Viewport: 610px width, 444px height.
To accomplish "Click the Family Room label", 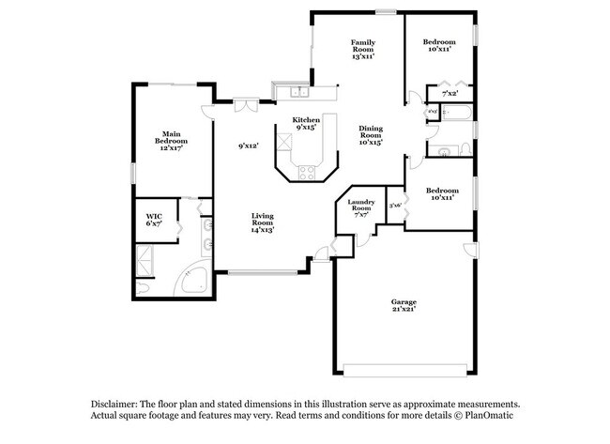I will [x=363, y=50].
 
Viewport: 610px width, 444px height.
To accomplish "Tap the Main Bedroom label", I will [x=170, y=141].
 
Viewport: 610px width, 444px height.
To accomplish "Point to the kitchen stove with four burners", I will [x=306, y=172].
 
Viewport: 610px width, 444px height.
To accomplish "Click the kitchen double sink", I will [x=298, y=92].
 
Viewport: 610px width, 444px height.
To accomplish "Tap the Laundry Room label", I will [x=361, y=207].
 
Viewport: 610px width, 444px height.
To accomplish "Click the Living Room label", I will [x=262, y=222].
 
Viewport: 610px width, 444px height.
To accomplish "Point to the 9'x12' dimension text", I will [x=248, y=145].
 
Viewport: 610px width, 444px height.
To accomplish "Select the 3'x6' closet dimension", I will [x=396, y=205].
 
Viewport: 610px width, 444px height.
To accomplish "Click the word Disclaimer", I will [x=117, y=402].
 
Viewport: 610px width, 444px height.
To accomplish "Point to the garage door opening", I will [x=404, y=367].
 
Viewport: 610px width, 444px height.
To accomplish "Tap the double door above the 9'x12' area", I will [x=246, y=105].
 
